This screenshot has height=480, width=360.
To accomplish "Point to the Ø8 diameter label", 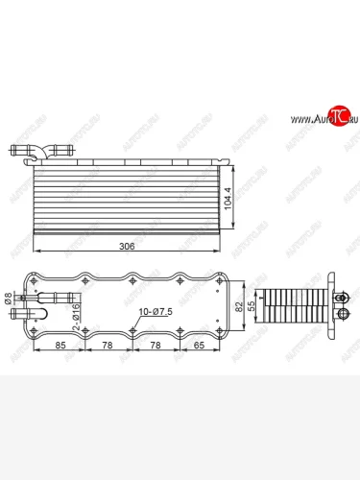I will point(12,297).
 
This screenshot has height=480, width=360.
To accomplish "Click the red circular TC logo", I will point(338,117).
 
